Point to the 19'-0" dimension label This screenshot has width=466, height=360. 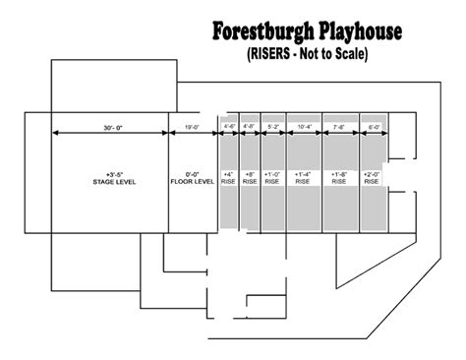point(193,126)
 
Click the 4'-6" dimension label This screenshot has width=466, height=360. point(230,126)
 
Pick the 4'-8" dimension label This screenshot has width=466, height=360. point(250,126)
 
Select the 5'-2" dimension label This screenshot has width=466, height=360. point(272,126)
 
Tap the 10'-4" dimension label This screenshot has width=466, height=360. point(304,126)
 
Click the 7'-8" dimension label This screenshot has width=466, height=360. point(340,126)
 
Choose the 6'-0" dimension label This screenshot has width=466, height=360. point(373,126)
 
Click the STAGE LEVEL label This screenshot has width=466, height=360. point(110,182)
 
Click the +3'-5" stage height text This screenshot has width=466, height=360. point(110,174)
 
